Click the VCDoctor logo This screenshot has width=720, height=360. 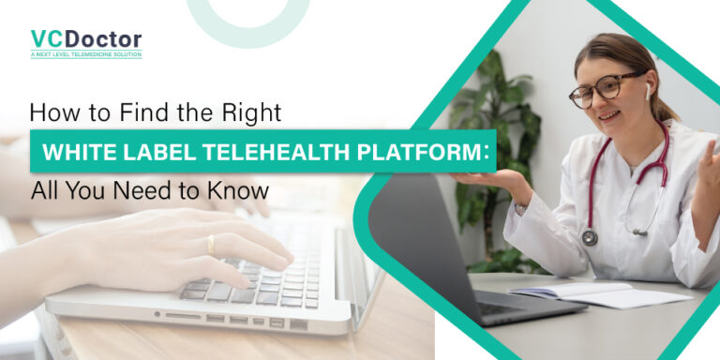[x=85, y=39]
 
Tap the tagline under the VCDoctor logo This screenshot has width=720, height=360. [x=85, y=55]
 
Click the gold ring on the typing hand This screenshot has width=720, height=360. [x=210, y=245]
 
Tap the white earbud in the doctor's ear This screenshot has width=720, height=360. [x=647, y=91]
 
